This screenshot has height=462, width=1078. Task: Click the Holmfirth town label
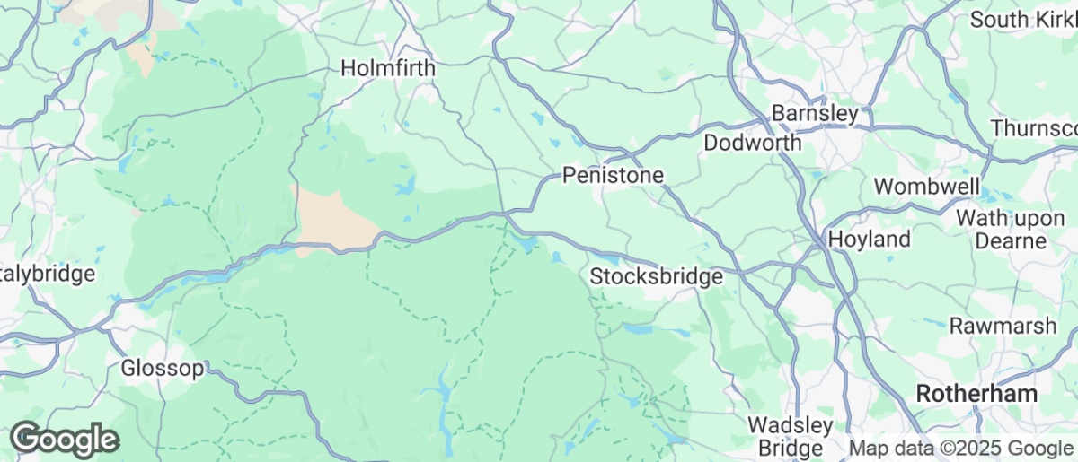388,68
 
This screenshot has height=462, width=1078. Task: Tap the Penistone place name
613,176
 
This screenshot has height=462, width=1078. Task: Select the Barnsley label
816,114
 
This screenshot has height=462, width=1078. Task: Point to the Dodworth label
752,144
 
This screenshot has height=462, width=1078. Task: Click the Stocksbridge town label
656,277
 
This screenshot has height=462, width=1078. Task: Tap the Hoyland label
869,240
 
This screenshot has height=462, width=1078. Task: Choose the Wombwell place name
928,187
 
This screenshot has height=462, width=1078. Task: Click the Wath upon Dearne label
1001,229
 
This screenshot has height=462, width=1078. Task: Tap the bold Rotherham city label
976,394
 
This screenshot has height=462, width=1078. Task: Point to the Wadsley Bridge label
791,436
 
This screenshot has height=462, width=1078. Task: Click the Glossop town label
163,368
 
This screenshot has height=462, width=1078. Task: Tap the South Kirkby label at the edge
1023,19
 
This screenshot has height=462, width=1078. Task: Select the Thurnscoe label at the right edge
1034,128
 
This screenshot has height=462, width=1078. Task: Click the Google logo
65,440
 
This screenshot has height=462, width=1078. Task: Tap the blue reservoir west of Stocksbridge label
526,242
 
